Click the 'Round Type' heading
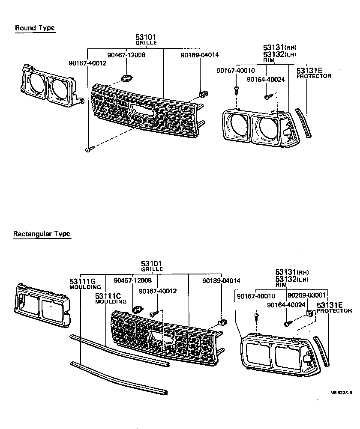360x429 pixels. coord(35,28)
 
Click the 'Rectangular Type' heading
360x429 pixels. coord(41,234)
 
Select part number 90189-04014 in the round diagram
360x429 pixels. coord(199,55)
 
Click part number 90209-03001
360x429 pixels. coord(307,295)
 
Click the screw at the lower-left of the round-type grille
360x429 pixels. coord(89,149)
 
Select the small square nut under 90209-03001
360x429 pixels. coord(309,314)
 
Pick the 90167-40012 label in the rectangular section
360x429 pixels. coord(157,291)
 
